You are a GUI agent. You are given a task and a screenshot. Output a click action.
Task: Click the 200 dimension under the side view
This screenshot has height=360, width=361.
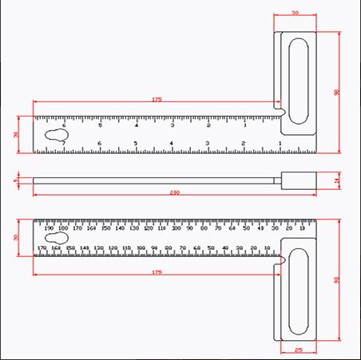pos(174,193)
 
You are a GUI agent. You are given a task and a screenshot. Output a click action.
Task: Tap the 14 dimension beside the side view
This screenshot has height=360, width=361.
pos(338,180)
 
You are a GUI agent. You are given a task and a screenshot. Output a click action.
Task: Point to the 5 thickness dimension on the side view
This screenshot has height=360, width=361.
pos(17,180)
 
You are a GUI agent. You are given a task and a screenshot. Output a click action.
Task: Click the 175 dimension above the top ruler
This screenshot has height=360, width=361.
pos(157,99)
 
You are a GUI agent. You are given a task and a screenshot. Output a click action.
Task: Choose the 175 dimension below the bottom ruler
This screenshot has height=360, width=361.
pos(157,272)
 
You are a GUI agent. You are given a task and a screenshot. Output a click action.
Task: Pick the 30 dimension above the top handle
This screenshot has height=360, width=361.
pos(295,14)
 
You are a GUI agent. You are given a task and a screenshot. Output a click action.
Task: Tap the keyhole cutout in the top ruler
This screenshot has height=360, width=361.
pos(55,136)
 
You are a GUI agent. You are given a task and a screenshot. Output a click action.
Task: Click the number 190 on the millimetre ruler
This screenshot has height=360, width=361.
pos(49,228)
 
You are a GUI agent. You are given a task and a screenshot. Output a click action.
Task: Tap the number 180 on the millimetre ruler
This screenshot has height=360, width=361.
pos(63,228)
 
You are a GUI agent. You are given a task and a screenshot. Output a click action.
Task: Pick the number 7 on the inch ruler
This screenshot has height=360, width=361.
pos(64,144)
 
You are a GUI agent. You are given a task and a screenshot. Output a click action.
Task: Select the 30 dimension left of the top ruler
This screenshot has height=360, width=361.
pos(17,134)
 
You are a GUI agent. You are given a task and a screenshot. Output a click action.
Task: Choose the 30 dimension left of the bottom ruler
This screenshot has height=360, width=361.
pos(17,237)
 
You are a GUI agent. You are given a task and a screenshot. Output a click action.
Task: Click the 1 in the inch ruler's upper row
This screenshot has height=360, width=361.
pos(244,125)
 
